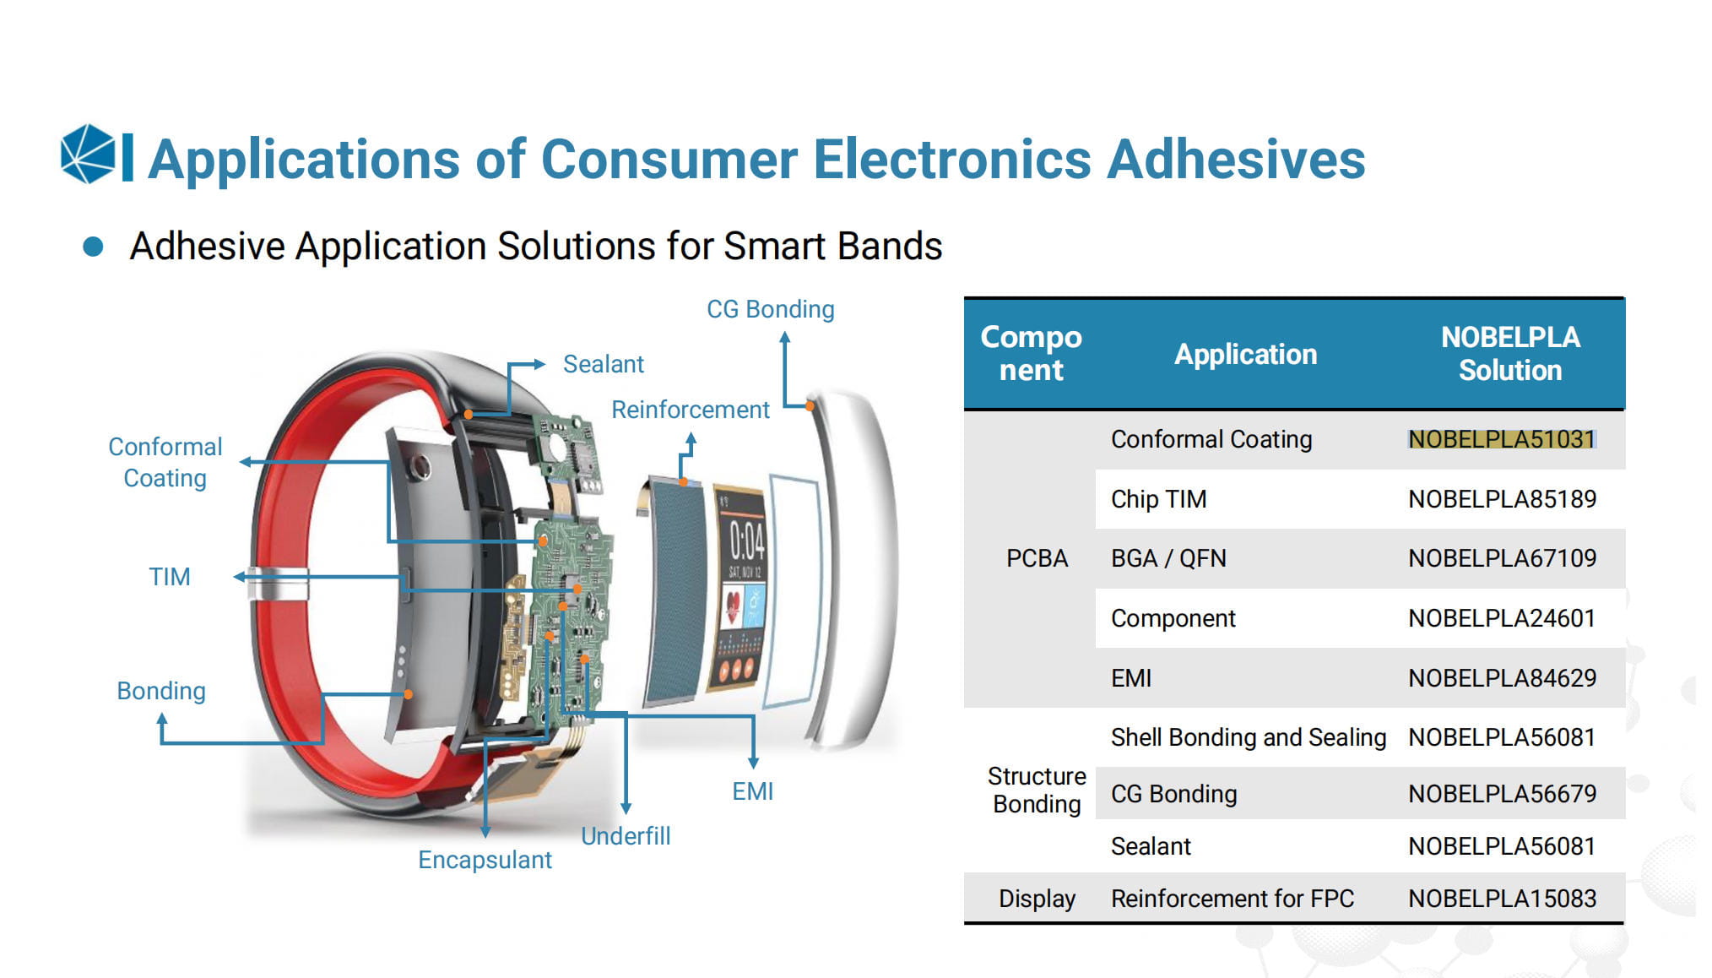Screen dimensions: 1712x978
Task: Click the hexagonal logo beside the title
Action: [x=88, y=155]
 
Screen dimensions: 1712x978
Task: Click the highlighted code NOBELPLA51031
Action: [x=1502, y=439]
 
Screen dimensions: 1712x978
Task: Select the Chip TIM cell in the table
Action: [x=1158, y=499]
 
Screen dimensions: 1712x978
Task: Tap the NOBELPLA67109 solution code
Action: [x=1502, y=558]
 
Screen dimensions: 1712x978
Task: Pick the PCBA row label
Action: [x=1037, y=558]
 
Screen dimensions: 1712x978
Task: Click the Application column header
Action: [x=1245, y=354]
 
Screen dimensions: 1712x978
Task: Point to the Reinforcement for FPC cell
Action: [x=1233, y=899]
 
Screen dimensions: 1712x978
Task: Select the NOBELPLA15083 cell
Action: [x=1502, y=899]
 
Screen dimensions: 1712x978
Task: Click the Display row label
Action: [x=1037, y=899]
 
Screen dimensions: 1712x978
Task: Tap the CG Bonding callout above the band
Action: [x=770, y=309]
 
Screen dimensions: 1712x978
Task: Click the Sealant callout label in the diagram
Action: [x=603, y=364]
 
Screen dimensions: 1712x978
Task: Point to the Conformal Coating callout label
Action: [x=165, y=462]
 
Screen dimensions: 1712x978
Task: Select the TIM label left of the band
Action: [x=170, y=577]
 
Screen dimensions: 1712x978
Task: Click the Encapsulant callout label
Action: [x=485, y=860]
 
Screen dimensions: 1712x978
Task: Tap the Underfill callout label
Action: [x=626, y=836]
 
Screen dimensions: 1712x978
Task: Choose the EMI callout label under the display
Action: [x=752, y=791]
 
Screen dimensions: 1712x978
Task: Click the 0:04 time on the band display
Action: [x=747, y=541]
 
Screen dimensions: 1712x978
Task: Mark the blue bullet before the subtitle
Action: [x=93, y=247]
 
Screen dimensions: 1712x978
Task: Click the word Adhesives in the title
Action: [x=1236, y=159]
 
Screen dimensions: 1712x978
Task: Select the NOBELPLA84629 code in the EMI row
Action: [x=1502, y=678]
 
